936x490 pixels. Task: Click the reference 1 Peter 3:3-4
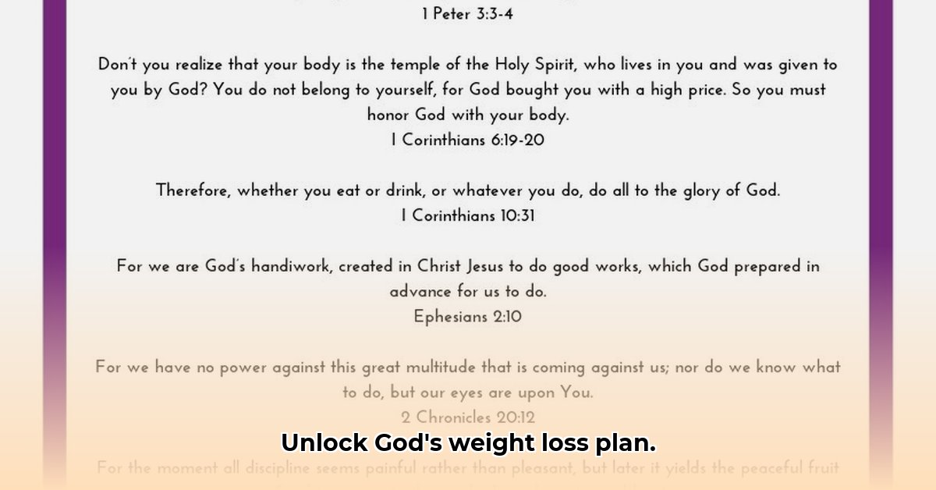468,15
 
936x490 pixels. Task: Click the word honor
388,115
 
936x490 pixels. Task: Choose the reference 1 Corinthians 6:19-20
468,140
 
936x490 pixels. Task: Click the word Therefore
193,190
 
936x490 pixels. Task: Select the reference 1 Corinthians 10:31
468,215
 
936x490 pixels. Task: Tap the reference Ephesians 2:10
468,317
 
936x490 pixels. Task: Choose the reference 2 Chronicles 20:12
468,417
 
